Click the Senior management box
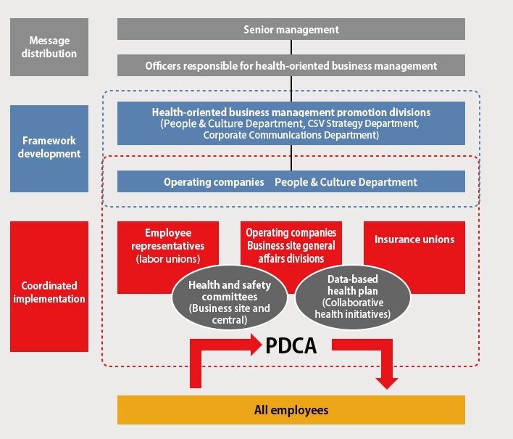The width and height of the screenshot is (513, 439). point(291,30)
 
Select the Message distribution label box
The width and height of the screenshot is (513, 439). point(49,47)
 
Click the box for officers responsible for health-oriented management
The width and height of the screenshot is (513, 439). point(291,65)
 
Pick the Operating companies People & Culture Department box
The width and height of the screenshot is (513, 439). point(291,182)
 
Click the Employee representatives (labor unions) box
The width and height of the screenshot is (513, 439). point(167,245)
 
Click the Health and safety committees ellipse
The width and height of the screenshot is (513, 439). point(229,297)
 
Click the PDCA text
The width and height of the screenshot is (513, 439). point(291,345)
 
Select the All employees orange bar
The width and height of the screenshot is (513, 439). point(291,410)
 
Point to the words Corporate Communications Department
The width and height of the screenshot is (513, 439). point(291,135)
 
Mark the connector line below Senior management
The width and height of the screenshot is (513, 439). point(291,47)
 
